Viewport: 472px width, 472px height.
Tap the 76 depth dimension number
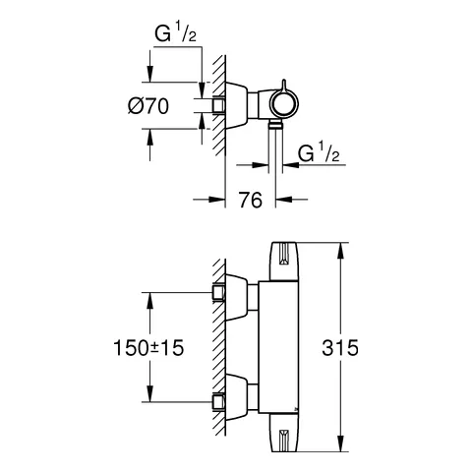coord(251,201)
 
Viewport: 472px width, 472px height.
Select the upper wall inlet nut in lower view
coord(219,292)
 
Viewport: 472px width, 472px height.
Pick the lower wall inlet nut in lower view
coord(219,400)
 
